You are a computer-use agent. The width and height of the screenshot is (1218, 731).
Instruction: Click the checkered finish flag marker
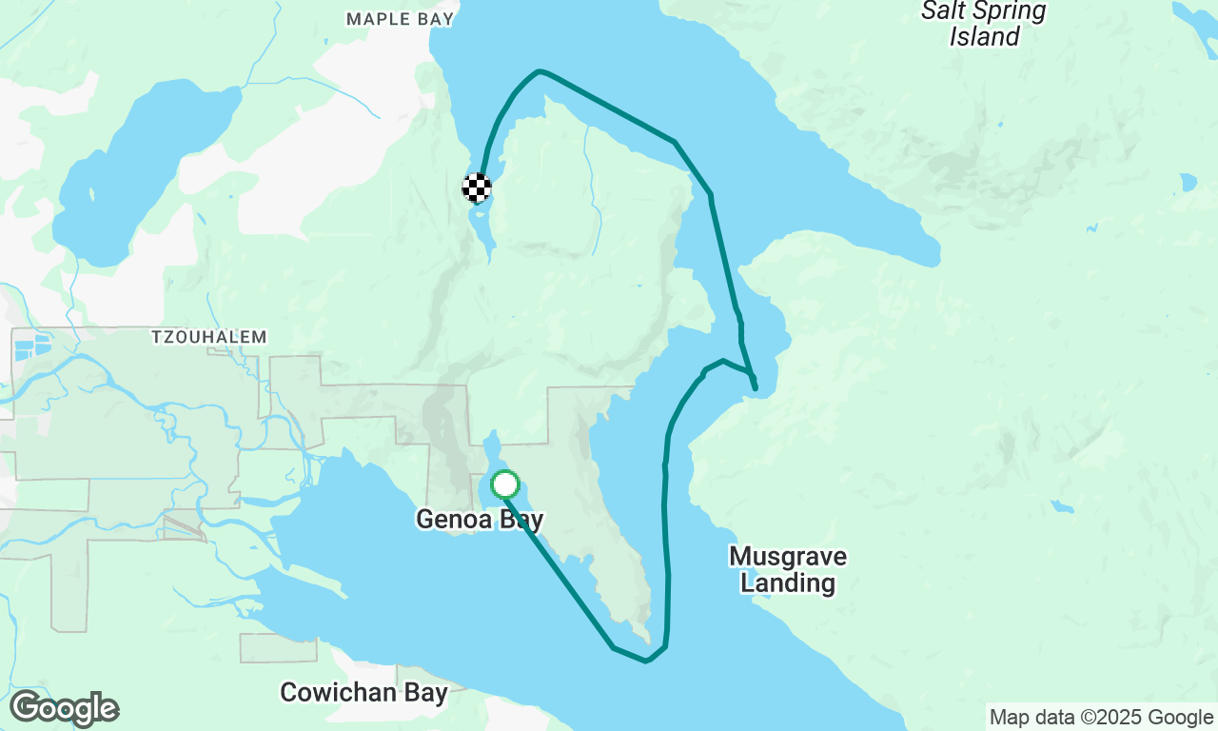477,188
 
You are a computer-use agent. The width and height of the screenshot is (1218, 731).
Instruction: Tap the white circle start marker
505,484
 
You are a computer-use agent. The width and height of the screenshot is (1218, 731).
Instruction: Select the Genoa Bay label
480,519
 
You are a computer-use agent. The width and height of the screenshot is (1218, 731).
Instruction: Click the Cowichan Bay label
363,692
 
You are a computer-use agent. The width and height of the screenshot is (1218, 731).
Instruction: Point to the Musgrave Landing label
788,569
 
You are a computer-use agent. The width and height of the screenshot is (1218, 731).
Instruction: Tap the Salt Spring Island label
984,24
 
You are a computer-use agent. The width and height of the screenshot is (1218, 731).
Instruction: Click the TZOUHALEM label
209,337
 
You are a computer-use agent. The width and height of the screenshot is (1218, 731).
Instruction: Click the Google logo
64,709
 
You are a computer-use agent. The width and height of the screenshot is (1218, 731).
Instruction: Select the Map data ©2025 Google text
1101,718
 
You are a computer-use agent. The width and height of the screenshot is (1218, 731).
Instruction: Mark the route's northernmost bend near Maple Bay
540,71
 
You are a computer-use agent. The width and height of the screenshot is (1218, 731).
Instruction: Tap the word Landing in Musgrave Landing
788,583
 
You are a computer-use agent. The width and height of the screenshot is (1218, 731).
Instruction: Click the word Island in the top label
984,37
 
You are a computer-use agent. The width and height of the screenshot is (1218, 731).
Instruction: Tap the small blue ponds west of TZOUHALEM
32,345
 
